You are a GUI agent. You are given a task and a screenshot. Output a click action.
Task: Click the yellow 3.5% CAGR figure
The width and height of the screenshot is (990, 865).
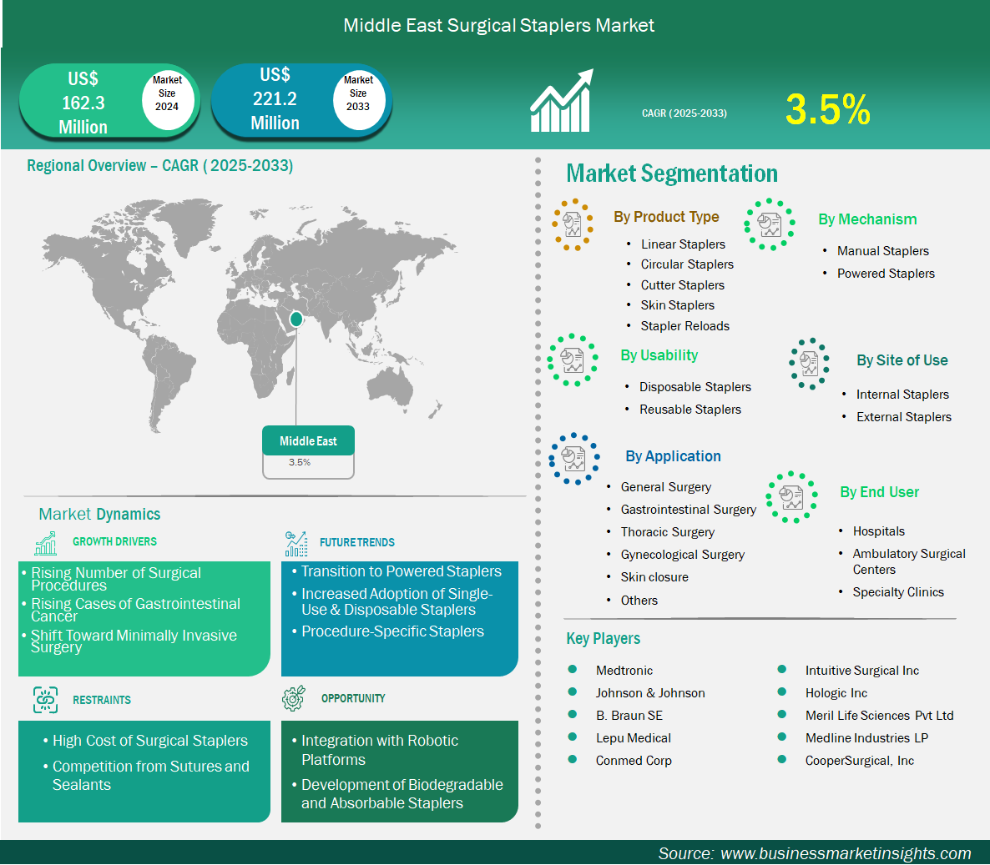828,109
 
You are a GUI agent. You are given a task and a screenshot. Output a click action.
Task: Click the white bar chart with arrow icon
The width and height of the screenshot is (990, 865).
561,100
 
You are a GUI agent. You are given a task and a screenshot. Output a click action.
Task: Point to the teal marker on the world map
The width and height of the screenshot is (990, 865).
295,319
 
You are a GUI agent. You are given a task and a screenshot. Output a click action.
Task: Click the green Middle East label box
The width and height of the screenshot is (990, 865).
308,440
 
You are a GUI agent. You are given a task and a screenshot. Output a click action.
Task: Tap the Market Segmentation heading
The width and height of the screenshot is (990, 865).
671,174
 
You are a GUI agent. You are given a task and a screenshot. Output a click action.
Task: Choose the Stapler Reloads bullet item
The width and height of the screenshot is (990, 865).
685,326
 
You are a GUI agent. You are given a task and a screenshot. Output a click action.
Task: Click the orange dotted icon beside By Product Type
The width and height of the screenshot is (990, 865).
573,224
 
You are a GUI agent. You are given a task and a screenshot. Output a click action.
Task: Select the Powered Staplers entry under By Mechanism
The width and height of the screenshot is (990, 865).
886,274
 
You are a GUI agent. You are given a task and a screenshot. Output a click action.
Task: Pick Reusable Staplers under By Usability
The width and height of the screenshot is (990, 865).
690,410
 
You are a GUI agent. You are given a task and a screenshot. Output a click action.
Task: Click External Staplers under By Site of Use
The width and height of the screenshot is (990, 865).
903,417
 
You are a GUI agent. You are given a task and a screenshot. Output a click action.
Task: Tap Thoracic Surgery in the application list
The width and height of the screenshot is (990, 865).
667,532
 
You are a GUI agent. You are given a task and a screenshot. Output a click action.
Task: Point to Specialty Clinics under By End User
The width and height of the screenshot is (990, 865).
898,591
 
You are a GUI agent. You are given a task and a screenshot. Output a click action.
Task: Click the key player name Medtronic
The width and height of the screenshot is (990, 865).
624,670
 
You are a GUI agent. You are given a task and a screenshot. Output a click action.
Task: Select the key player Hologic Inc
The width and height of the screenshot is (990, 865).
836,693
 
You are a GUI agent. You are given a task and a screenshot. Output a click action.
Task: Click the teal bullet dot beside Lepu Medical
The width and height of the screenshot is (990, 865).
573,737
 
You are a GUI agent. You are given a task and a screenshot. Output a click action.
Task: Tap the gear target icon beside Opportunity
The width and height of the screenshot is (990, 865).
294,698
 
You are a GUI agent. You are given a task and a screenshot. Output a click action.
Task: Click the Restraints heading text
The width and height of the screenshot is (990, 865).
102,700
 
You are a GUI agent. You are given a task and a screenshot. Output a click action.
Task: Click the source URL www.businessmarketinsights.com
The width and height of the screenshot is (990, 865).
846,853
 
